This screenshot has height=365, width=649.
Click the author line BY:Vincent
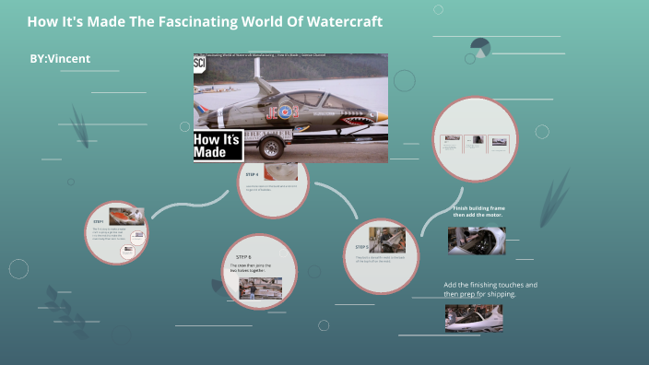pyautogui.click(x=60, y=58)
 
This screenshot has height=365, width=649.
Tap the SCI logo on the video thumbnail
pyautogui.click(x=200, y=64)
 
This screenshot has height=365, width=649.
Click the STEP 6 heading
pyautogui.click(x=243, y=256)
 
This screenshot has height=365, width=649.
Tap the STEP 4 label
pyautogui.click(x=252, y=173)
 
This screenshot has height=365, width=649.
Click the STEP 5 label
pyautogui.click(x=360, y=247)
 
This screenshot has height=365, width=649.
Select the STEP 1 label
pyautogui.click(x=99, y=221)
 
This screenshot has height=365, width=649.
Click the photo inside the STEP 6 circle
pyautogui.click(x=260, y=288)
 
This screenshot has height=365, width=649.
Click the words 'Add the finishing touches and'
pyautogui.click(x=490, y=285)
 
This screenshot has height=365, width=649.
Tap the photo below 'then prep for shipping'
pyautogui.click(x=473, y=317)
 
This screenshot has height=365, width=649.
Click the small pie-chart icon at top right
pyautogui.click(x=479, y=47)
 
